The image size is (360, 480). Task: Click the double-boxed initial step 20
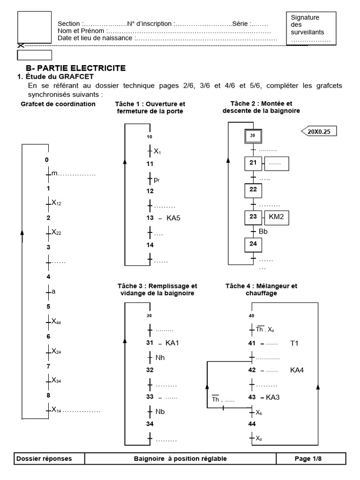253,136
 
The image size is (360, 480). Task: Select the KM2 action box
276,217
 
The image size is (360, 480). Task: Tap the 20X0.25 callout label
319,131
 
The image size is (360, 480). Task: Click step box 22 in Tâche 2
253,190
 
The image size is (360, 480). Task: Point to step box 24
253,244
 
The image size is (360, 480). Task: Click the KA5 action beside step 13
173,218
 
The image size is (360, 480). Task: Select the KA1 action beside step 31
172,343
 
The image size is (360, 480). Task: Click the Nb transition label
160,412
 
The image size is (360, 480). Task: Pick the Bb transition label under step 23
263,232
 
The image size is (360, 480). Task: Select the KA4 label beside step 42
297,370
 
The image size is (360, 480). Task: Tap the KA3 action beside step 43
273,397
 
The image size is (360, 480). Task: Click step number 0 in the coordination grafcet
47,160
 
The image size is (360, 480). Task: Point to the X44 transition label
57,322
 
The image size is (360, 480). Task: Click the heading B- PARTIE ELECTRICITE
75,68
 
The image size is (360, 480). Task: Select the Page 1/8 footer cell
311,458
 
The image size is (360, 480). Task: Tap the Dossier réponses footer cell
45,458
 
